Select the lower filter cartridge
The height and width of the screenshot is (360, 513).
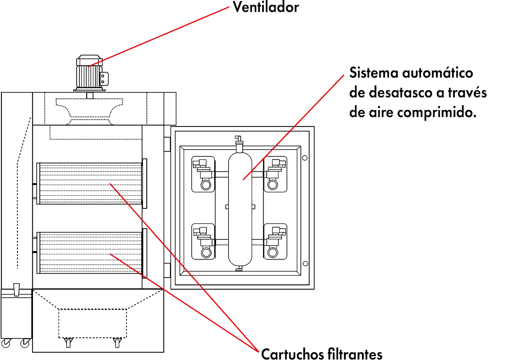[x=90, y=252]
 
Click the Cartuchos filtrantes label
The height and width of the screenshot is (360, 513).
[x=322, y=354]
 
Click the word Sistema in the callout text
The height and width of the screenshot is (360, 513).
[x=372, y=74]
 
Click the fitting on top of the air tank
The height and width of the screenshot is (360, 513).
[x=238, y=143]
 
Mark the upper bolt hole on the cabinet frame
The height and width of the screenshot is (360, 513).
[x=304, y=157]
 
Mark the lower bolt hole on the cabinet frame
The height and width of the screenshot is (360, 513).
[x=304, y=263]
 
